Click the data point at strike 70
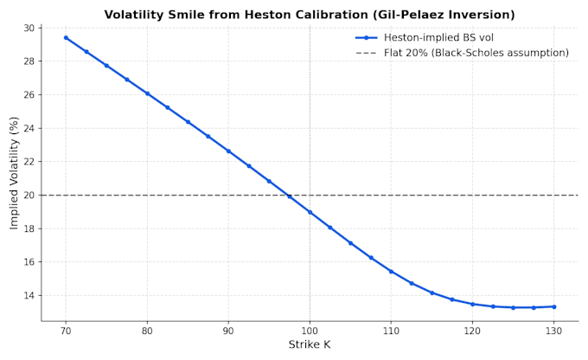coord(66,37)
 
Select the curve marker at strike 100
coord(310,212)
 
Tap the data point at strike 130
coord(554,306)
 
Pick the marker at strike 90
coord(228,151)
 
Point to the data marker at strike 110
coord(391,272)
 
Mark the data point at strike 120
coord(472,304)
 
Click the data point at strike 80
coord(147,93)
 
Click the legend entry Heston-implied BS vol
coord(425,37)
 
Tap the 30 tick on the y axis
coord(29,29)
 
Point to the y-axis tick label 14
coord(29,295)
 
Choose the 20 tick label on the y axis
coord(29,196)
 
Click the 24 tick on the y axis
coord(29,128)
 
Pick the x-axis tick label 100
coord(310,331)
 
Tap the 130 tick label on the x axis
coord(554,331)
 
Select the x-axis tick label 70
coord(66,331)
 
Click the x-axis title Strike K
coord(310,344)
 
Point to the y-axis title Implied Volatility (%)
coord(14,173)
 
